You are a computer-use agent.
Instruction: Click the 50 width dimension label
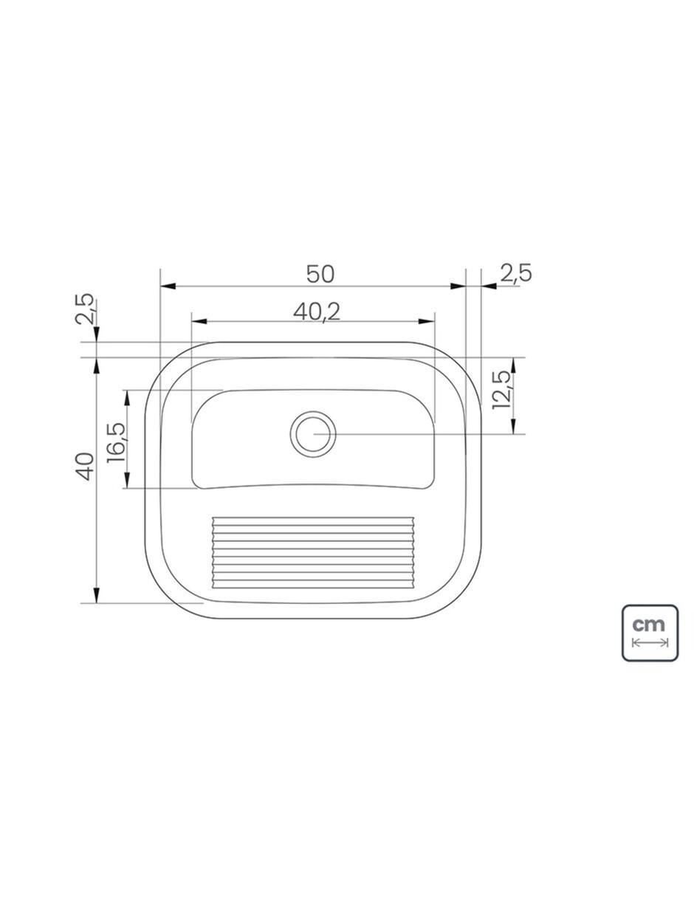(x=320, y=274)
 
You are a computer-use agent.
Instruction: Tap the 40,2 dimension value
(x=317, y=312)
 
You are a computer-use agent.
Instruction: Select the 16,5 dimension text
(x=116, y=442)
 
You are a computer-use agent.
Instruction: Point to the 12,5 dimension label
(x=502, y=390)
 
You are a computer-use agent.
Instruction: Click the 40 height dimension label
(x=85, y=467)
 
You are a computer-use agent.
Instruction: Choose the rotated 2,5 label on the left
(x=85, y=309)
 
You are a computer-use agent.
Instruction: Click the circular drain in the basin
(x=313, y=434)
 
